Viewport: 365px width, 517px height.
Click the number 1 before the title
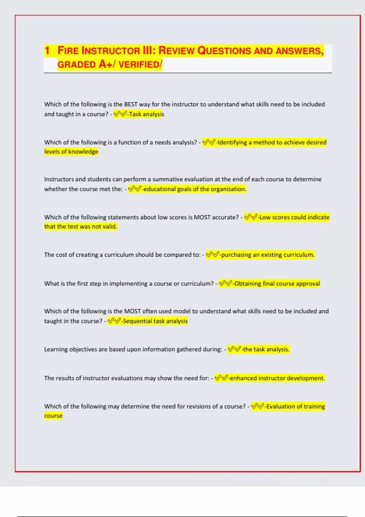[47, 50]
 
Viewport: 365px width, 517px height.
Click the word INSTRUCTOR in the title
[111, 50]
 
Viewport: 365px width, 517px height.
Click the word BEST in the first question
[131, 104]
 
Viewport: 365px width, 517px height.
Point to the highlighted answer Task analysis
[146, 114]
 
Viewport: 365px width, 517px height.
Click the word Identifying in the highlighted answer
[234, 142]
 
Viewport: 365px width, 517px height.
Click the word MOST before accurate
[202, 217]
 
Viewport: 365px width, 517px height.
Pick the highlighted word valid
[110, 226]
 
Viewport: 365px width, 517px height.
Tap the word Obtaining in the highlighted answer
[248, 283]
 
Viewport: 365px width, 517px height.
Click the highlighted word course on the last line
[53, 415]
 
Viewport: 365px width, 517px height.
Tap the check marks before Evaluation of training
[257, 406]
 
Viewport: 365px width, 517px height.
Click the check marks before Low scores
[250, 217]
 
